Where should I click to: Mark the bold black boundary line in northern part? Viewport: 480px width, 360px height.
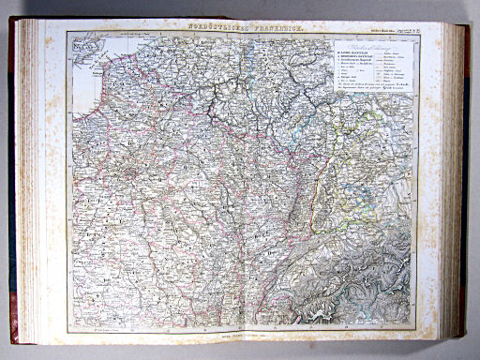(x=225, y=103)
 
